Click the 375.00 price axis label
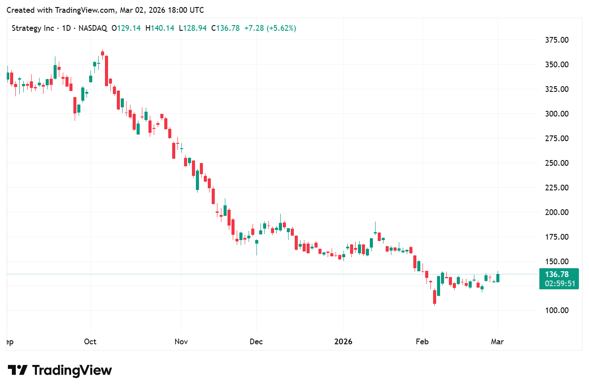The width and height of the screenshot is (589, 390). pyautogui.click(x=556, y=40)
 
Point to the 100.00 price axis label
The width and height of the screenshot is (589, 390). pyautogui.click(x=556, y=310)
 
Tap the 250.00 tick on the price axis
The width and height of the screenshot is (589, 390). pyautogui.click(x=556, y=163)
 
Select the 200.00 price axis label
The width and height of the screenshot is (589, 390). pyautogui.click(x=556, y=212)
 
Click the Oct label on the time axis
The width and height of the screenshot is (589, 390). pyautogui.click(x=90, y=342)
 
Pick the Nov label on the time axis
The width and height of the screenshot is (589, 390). pyautogui.click(x=181, y=342)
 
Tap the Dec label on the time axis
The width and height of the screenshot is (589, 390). pyautogui.click(x=256, y=342)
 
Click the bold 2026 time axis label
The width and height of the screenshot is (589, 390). pyautogui.click(x=343, y=342)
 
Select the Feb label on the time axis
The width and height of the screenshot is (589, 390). pyautogui.click(x=422, y=342)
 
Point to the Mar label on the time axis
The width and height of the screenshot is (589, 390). pyautogui.click(x=497, y=342)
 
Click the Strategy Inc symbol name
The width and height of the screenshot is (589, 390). pyautogui.click(x=33, y=28)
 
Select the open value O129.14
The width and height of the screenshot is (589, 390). pyautogui.click(x=126, y=28)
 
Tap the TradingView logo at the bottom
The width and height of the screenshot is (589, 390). pyautogui.click(x=60, y=370)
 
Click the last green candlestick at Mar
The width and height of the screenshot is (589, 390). pyautogui.click(x=498, y=278)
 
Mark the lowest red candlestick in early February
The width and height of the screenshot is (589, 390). pyautogui.click(x=434, y=297)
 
